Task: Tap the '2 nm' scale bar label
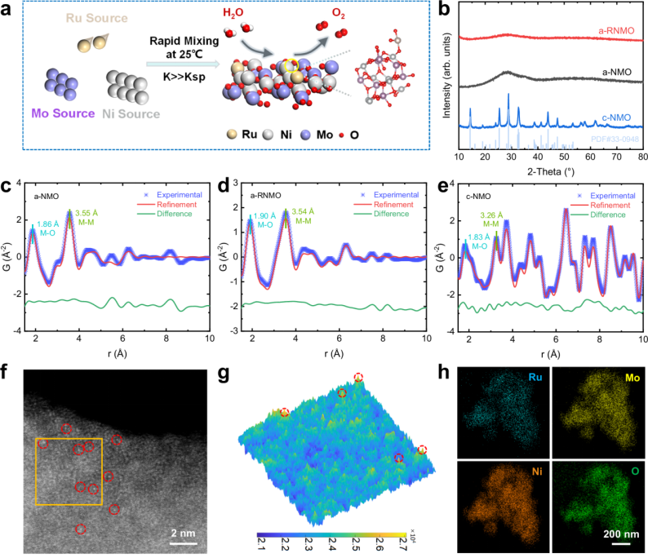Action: pyautogui.click(x=183, y=531)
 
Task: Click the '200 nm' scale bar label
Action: pyautogui.click(x=619, y=533)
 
